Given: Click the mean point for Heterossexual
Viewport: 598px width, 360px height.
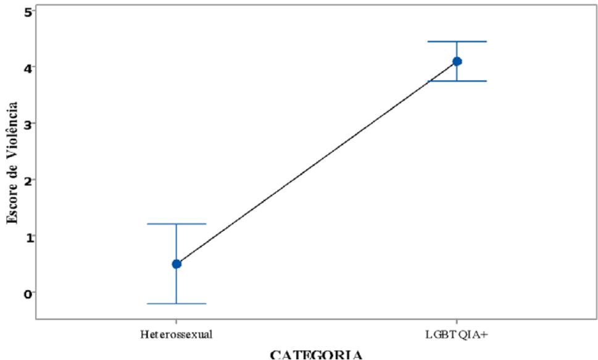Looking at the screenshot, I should coord(176,264).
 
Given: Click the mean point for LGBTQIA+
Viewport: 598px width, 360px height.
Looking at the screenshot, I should coord(457,61).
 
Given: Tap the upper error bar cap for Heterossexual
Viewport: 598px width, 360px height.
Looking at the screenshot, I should coord(176,224).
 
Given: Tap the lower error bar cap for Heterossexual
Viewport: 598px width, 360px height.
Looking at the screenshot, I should coord(176,304).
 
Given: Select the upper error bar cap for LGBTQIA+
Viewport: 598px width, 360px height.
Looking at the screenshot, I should coord(457,41).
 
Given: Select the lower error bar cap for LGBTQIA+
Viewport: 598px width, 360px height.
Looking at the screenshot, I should coord(457,81).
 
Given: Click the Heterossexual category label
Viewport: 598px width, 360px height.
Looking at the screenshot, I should coord(176,335).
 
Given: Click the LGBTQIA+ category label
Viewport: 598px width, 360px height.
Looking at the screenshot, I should coord(457,335).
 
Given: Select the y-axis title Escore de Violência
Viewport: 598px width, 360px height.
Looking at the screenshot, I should coord(10,163).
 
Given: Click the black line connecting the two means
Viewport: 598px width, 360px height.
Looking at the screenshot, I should coord(317,162).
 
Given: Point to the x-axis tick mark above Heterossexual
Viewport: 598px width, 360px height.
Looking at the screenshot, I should coord(176,322).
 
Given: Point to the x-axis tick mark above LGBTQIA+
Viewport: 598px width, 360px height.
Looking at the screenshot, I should coord(457,322).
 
